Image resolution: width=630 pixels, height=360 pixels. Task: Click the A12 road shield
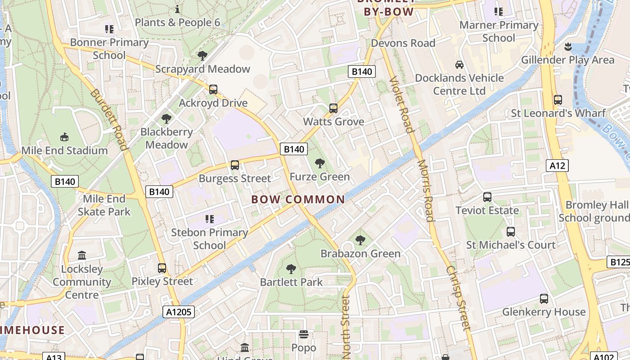pos(557,166)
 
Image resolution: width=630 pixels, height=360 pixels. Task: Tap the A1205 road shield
pos(178,312)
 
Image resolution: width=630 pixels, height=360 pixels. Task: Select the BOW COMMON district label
pos(298,199)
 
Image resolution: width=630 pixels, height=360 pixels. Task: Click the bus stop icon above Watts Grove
pos(333,108)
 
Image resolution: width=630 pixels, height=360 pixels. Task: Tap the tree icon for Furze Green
pos(319,163)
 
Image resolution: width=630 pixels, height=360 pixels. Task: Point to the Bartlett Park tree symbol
pos(291,269)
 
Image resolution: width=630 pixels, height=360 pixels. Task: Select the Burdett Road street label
pos(108,119)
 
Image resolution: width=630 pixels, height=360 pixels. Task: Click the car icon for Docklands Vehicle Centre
pos(459,64)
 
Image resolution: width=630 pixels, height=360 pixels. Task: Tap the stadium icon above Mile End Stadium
pos(64,137)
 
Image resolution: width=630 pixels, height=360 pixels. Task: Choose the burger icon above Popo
pos(304,334)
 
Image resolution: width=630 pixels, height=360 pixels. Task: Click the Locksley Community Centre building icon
pos(82,256)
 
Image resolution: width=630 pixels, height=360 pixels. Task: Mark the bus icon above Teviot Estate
pos(487,197)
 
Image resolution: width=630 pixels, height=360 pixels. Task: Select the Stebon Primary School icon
pos(209,219)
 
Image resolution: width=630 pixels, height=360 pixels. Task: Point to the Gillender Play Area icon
pos(567,46)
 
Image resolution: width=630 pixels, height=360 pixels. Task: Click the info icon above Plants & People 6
pos(177,9)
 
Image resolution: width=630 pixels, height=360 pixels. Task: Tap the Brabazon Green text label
pos(360,254)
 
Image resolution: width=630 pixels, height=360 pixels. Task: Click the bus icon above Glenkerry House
pos(544,298)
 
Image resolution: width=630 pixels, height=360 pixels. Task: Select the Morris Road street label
pos(425,191)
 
